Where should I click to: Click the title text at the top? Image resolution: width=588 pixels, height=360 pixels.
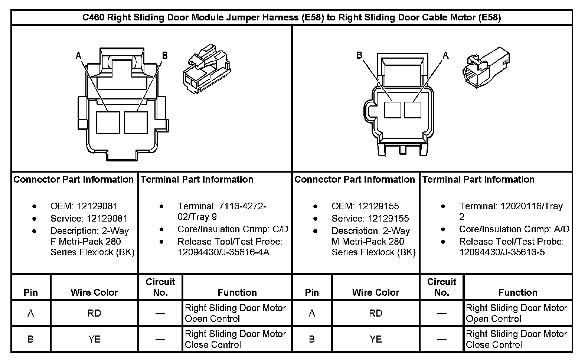click(291, 17)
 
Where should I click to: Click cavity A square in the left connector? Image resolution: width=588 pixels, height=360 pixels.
click(108, 122)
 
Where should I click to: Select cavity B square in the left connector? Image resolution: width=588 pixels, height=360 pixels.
click(136, 122)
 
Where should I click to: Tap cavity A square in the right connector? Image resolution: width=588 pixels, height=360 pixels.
click(412, 110)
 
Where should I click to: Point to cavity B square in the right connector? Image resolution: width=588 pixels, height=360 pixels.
click(392, 110)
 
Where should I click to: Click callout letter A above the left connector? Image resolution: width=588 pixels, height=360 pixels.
click(78, 56)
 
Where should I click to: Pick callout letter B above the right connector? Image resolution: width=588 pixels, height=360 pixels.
click(359, 55)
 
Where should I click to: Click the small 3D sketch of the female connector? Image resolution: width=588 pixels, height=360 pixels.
click(206, 71)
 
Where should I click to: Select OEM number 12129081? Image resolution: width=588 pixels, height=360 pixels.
click(84, 206)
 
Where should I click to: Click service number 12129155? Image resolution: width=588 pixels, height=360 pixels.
click(370, 218)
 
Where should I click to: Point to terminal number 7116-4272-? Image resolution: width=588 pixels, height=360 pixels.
click(222, 206)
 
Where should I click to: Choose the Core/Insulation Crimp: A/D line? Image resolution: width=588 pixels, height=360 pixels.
click(514, 229)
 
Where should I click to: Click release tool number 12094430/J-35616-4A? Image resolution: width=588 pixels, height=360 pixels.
click(223, 252)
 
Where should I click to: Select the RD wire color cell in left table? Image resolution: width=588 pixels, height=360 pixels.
click(94, 313)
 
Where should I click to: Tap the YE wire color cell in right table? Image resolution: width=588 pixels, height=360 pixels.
click(376, 339)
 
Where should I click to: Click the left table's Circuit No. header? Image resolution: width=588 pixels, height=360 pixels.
click(160, 287)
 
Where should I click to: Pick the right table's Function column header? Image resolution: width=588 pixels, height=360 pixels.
click(518, 292)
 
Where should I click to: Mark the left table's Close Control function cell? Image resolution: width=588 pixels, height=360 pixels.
click(235, 339)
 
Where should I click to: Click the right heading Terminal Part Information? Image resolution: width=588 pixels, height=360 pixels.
click(478, 180)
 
